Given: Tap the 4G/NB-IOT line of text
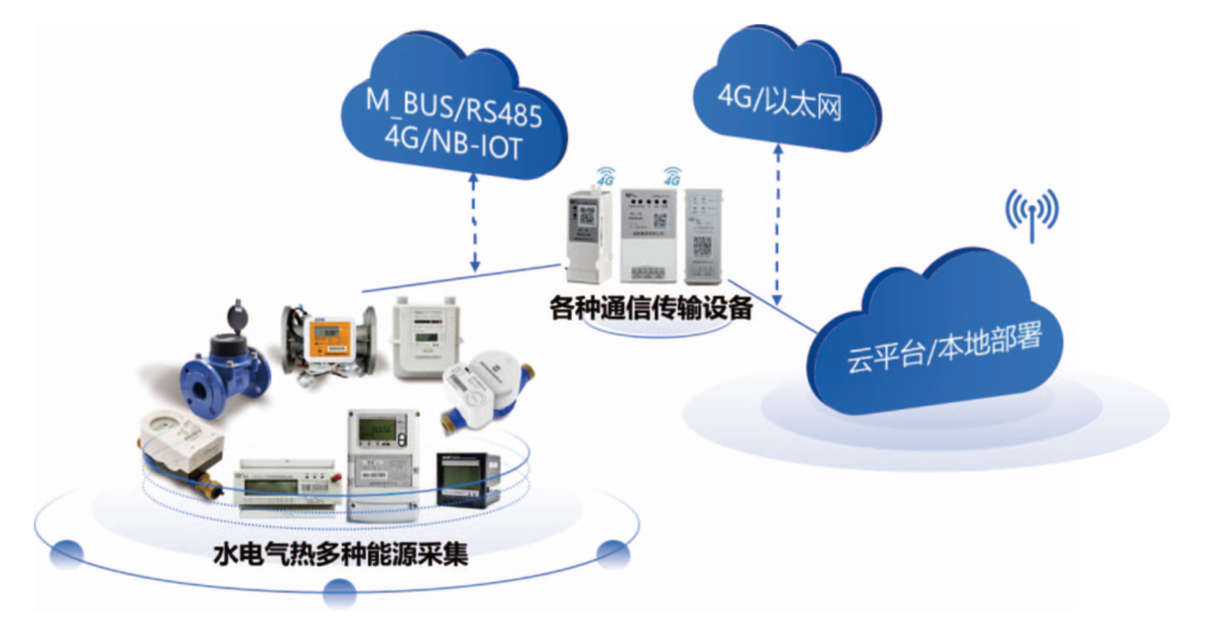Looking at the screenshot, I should click(x=453, y=142).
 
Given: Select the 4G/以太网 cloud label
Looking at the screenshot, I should click(x=779, y=101).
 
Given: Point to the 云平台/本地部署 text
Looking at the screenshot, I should click(x=944, y=347).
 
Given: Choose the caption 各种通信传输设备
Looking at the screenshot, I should click(x=650, y=308).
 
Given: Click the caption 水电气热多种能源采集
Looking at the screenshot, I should click(x=340, y=554).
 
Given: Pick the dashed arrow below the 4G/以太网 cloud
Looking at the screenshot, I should click(x=777, y=224).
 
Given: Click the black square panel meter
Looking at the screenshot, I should click(x=467, y=479).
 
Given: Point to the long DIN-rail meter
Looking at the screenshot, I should click(x=287, y=487).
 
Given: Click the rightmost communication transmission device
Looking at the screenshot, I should click(x=702, y=236).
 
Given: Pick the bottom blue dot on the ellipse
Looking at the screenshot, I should click(x=339, y=592).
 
